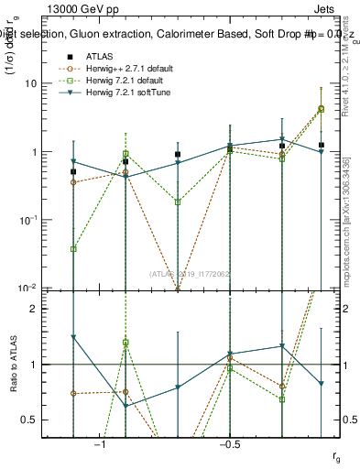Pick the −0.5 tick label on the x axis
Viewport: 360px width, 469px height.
tap(229, 445)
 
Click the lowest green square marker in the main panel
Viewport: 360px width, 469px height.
tap(73, 249)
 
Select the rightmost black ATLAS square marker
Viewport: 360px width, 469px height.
tap(321, 145)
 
